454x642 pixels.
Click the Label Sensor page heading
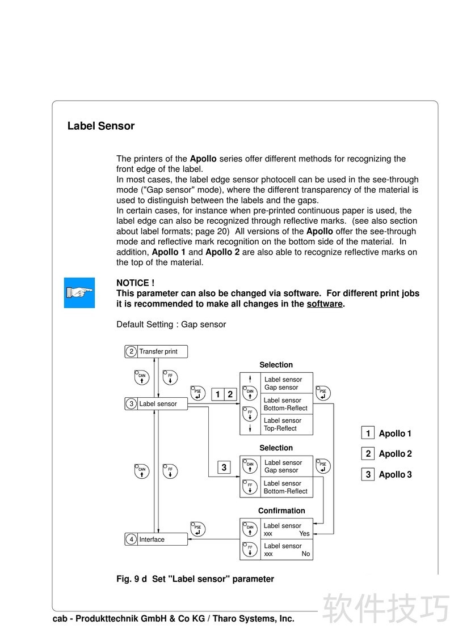(101, 126)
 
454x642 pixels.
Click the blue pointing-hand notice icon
(79, 293)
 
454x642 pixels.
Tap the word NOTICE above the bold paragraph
(135, 283)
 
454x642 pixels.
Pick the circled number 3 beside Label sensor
(131, 404)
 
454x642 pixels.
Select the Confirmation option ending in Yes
(287, 529)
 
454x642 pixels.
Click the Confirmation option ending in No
(287, 550)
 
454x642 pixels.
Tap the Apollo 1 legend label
(395, 433)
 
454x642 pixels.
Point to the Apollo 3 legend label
(395, 474)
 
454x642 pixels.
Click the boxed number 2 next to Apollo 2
(368, 453)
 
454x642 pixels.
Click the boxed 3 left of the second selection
(224, 467)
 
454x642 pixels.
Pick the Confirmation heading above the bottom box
(281, 511)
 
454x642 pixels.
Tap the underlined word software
(325, 304)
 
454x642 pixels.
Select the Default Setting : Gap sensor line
(171, 325)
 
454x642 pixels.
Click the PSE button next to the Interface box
(197, 529)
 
